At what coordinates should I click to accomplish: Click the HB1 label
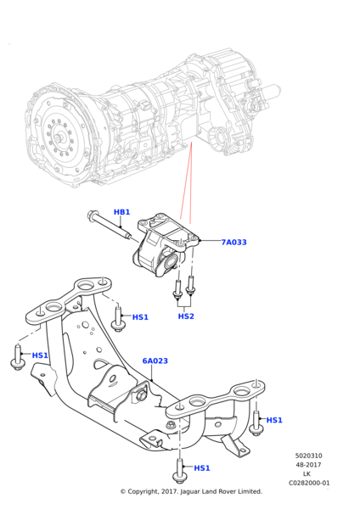click(x=122, y=212)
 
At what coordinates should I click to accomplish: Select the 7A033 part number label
click(x=234, y=242)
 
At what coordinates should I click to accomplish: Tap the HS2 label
click(x=186, y=316)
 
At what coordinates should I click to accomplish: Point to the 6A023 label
click(x=155, y=361)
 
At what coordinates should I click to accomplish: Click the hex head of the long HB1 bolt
click(x=91, y=215)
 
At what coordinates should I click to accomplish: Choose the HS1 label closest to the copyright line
click(x=202, y=468)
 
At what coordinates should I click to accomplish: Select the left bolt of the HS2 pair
click(x=177, y=289)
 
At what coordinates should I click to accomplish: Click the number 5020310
click(x=309, y=456)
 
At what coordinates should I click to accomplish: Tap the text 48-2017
click(x=308, y=465)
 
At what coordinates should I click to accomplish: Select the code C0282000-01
click(x=309, y=483)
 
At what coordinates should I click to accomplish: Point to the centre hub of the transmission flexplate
click(x=58, y=138)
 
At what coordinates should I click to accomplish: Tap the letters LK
click(x=307, y=474)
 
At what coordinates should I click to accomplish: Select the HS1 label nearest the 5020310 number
click(x=274, y=420)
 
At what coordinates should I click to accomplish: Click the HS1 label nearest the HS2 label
click(x=140, y=317)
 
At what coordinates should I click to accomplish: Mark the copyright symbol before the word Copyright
click(x=123, y=491)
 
